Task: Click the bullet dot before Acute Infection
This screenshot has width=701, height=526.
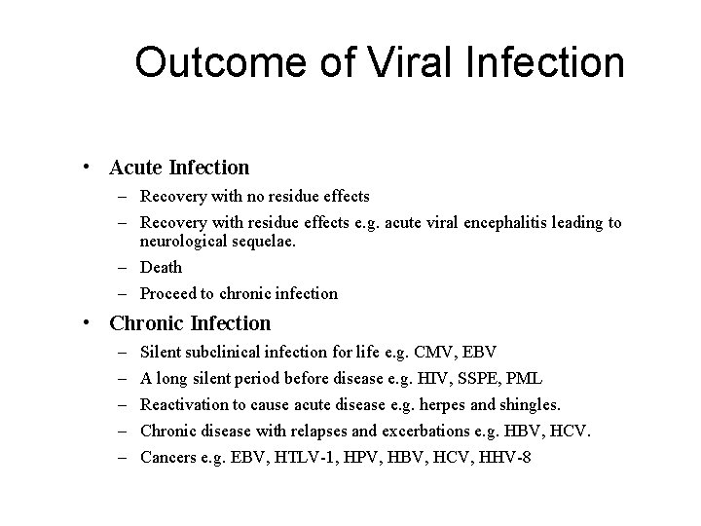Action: pos(88,168)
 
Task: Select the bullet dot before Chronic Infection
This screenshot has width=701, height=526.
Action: pos(88,322)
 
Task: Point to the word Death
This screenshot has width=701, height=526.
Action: pos(161,267)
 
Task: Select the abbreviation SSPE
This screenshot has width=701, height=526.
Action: pos(483,377)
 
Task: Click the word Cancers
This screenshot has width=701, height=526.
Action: pos(167,458)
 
